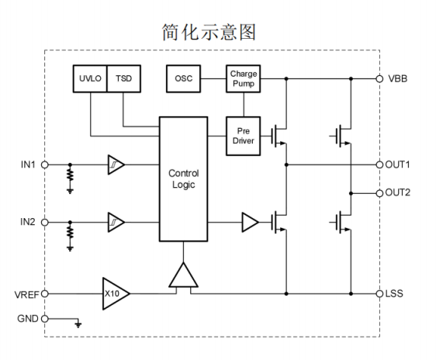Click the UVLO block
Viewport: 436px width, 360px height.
pyautogui.click(x=90, y=78)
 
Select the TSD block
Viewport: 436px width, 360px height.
pyautogui.click(x=123, y=78)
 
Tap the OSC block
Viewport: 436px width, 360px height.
pyautogui.click(x=183, y=78)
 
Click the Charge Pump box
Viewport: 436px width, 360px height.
pyautogui.click(x=244, y=78)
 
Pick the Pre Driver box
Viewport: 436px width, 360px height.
pyautogui.click(x=244, y=136)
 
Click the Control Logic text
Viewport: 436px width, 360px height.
pyautogui.click(x=184, y=178)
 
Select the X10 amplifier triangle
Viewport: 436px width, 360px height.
pyautogui.click(x=116, y=293)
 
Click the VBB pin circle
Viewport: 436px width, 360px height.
pyautogui.click(x=379, y=78)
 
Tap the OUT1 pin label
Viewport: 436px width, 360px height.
pyautogui.click(x=398, y=164)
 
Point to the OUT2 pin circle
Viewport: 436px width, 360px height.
pyautogui.click(x=379, y=193)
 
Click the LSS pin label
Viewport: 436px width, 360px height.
pyautogui.click(x=394, y=293)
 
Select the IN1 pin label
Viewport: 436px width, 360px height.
pyautogui.click(x=28, y=164)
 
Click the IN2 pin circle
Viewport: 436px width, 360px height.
pyautogui.click(x=45, y=223)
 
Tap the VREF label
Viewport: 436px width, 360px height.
pyautogui.click(x=26, y=294)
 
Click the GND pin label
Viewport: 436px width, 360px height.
pyautogui.click(x=28, y=319)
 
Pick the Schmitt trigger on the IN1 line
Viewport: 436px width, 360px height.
pyautogui.click(x=116, y=164)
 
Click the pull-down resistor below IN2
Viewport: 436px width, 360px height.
pyautogui.click(x=70, y=233)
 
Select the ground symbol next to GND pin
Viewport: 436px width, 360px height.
pyautogui.click(x=78, y=324)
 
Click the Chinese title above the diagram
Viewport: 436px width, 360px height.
pyautogui.click(x=209, y=32)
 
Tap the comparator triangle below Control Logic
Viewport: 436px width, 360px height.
pyautogui.click(x=184, y=276)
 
